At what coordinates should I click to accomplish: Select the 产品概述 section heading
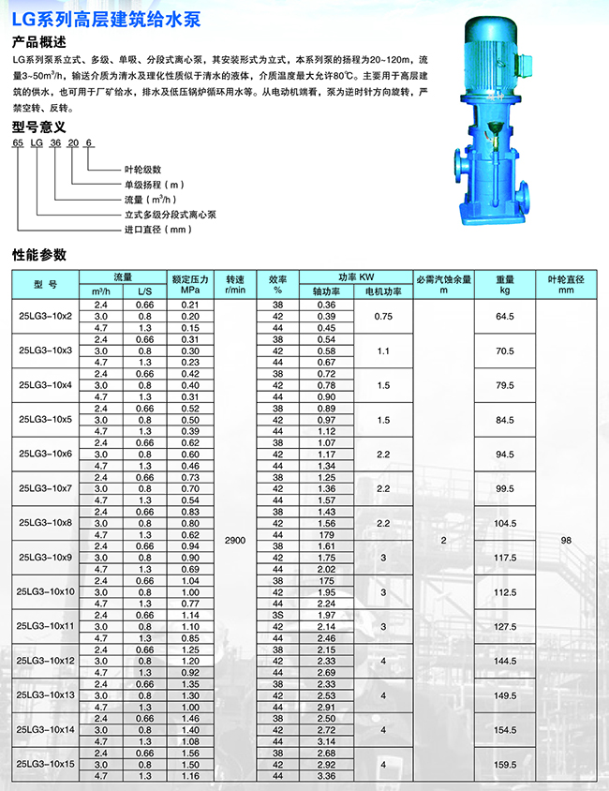[38, 41]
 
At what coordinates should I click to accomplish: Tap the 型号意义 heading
[38, 127]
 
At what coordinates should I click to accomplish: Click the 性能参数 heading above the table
[39, 254]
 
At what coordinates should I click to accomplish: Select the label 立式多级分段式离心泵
[168, 214]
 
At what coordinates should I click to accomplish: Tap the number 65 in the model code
[17, 143]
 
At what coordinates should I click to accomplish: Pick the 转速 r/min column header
[234, 284]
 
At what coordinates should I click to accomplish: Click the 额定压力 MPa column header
[189, 284]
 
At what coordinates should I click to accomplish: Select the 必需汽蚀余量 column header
[444, 284]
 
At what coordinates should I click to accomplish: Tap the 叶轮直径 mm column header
[565, 284]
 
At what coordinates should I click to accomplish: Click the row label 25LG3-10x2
[46, 316]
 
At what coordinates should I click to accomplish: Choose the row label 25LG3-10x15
[46, 765]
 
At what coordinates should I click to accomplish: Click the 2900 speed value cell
[234, 541]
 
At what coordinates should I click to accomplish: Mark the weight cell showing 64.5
[505, 317]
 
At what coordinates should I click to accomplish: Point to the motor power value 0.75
[382, 317]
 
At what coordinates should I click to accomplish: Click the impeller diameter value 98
[565, 541]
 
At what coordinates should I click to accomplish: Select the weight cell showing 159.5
[505, 765]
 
